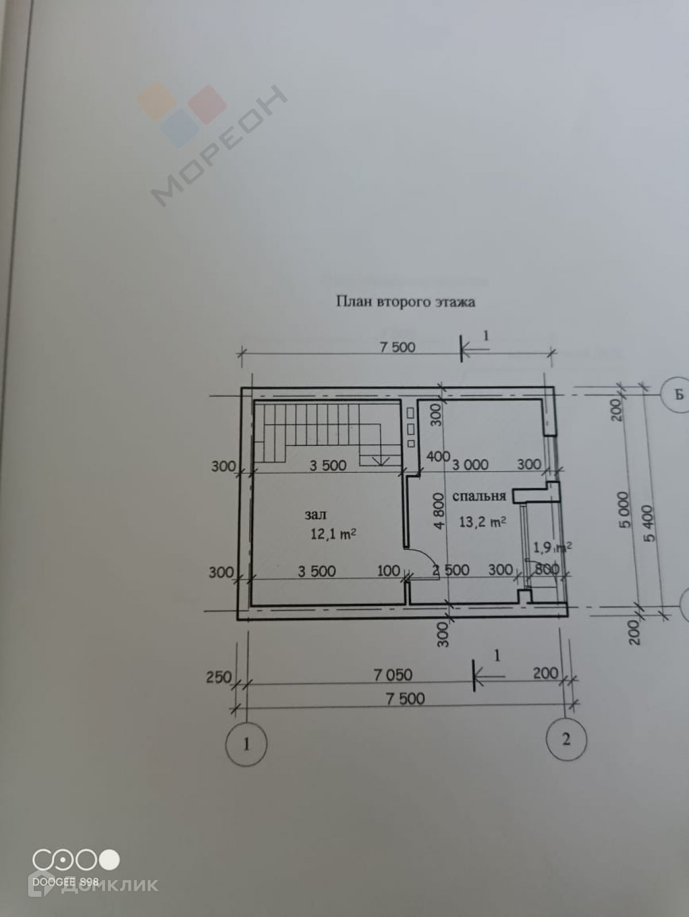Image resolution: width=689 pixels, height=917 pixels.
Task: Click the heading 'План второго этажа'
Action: pyautogui.click(x=405, y=302)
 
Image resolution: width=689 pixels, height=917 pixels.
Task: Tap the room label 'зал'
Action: pyautogui.click(x=315, y=515)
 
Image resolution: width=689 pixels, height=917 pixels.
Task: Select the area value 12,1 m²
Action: pyautogui.click(x=333, y=534)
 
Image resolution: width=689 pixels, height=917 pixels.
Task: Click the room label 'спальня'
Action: pyautogui.click(x=479, y=496)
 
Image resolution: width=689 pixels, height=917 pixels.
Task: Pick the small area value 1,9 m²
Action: pyautogui.click(x=552, y=547)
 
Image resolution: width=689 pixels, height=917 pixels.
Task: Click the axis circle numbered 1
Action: pyautogui.click(x=246, y=744)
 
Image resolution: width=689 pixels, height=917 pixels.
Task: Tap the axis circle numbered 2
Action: pyautogui.click(x=566, y=739)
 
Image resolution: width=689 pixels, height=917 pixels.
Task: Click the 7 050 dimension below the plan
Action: pyautogui.click(x=393, y=675)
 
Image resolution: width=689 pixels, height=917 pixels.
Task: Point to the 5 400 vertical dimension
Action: pyautogui.click(x=649, y=523)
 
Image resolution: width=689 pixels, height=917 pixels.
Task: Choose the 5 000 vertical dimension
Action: pyautogui.click(x=626, y=510)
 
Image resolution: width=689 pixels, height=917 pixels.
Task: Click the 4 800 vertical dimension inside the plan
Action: pyautogui.click(x=439, y=510)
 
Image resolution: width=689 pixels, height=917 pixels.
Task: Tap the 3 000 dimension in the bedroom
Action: pyautogui.click(x=470, y=464)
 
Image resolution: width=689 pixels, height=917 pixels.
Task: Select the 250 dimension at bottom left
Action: pyautogui.click(x=218, y=677)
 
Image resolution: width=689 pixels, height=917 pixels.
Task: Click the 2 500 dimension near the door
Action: pyautogui.click(x=451, y=570)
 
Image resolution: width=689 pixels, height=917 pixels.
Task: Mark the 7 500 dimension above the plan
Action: pyautogui.click(x=397, y=347)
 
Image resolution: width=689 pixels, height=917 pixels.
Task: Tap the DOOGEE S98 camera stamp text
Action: pyautogui.click(x=65, y=881)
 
